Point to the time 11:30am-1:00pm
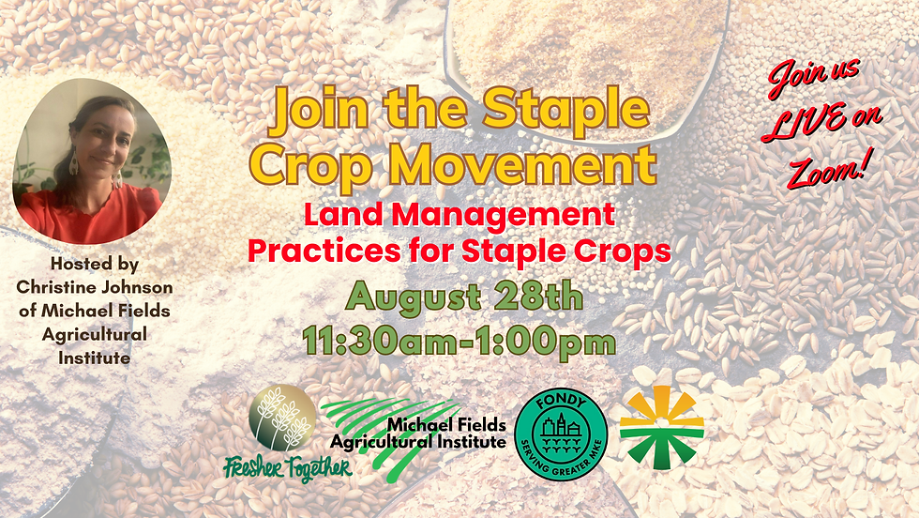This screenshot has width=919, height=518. [x=459, y=339]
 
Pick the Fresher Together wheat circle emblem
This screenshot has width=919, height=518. [x=282, y=418]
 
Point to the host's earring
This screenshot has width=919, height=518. [x=73, y=165]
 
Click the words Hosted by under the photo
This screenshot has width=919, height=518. [x=95, y=265]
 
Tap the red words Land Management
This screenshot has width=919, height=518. [x=459, y=215]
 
